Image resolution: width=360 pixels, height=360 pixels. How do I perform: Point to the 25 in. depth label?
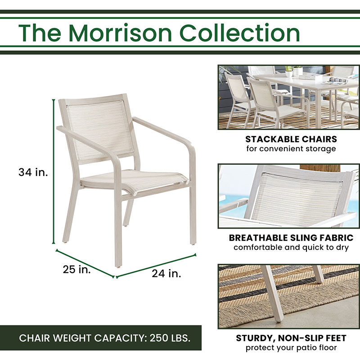pyautogui.click(x=76, y=270)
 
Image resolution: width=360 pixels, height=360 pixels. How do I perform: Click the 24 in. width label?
pyautogui.click(x=166, y=273)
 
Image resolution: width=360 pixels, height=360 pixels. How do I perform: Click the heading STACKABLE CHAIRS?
pyautogui.click(x=291, y=139)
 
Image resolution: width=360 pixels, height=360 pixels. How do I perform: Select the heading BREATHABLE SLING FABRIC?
pyautogui.click(x=291, y=238)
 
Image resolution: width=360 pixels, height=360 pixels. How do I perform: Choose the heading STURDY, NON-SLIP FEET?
pyautogui.click(x=291, y=338)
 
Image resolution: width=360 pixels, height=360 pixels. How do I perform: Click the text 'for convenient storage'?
pyautogui.click(x=291, y=149)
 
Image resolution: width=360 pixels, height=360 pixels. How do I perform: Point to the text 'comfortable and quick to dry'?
pyautogui.click(x=291, y=248)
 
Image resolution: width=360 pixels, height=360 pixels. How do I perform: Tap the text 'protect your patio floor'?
pyautogui.click(x=291, y=348)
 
